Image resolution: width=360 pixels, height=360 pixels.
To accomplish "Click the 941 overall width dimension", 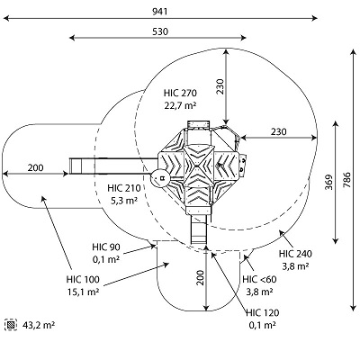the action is [160, 12].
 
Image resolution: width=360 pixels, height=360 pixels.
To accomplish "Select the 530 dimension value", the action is [160, 31].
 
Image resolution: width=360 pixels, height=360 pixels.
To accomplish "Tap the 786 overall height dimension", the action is [346, 180].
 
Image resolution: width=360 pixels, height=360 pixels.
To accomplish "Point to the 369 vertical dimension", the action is [329, 182].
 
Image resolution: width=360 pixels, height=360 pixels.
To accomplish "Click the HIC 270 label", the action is [180, 93].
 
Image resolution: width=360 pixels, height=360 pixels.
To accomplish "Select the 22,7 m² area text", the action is [180, 105].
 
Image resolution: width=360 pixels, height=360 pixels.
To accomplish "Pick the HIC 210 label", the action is [124, 188].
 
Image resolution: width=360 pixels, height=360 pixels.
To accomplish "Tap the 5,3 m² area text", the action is [124, 201].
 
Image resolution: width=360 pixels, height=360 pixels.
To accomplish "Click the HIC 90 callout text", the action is [106, 247].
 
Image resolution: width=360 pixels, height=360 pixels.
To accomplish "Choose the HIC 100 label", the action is [83, 279].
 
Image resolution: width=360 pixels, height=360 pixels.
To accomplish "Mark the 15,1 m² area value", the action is [83, 292].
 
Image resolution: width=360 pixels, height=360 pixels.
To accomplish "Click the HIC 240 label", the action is [295, 254].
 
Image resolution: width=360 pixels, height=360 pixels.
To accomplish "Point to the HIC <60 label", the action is [259, 279].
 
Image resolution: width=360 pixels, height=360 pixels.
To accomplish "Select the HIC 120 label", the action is [263, 312].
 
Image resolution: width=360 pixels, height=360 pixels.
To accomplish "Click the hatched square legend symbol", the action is [11, 325].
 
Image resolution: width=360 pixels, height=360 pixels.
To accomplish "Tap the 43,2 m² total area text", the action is [39, 325].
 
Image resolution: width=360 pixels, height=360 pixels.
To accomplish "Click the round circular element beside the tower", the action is [160, 178].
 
